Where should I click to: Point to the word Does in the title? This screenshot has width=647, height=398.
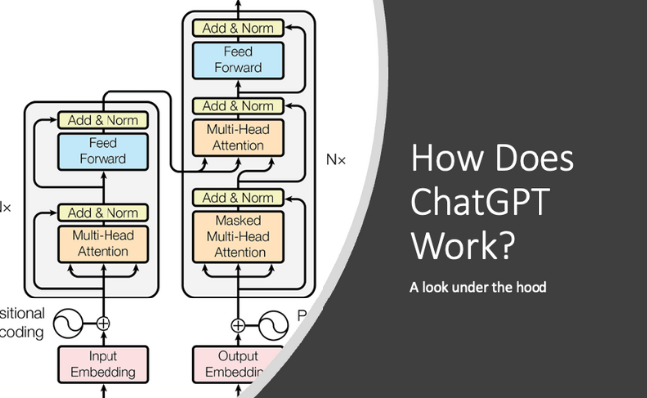[x=532, y=160]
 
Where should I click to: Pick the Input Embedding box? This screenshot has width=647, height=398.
[x=104, y=365]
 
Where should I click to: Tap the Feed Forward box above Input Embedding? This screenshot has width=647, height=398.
[x=104, y=150]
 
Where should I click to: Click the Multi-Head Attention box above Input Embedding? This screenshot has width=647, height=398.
[x=104, y=244]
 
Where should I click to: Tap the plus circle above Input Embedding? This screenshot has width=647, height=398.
[x=104, y=323]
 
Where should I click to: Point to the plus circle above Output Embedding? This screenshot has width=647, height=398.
[x=237, y=323]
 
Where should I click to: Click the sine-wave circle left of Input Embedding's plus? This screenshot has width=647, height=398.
[x=67, y=323]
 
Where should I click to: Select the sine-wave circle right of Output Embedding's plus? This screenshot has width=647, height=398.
[x=274, y=323]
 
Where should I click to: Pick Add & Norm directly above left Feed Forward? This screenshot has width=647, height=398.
[x=104, y=120]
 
